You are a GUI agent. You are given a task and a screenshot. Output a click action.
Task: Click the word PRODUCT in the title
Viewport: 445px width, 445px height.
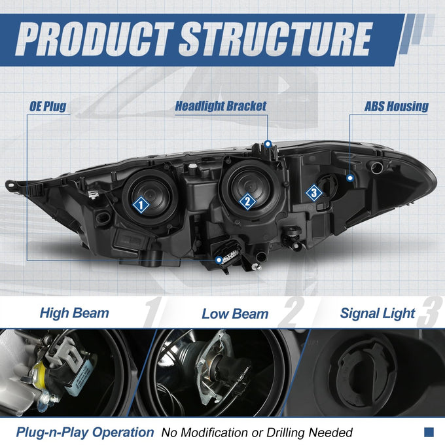coord(94,39)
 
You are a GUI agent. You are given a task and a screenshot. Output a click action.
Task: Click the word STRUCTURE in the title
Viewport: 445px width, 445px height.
coord(276,39)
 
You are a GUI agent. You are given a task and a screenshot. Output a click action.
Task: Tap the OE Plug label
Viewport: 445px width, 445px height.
coord(48,107)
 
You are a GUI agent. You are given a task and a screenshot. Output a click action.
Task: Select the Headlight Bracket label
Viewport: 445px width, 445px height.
coord(221,106)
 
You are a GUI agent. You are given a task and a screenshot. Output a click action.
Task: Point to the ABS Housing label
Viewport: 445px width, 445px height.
coord(396,107)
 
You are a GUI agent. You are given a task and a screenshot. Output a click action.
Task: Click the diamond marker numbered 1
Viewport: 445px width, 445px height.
coord(141,205)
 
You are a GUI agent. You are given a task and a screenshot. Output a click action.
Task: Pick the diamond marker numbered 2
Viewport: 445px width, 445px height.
coord(247,202)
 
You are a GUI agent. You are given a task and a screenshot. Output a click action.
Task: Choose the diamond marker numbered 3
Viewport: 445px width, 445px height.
coord(314,193)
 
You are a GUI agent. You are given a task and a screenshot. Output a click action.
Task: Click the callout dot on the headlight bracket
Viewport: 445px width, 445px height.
coord(268,144)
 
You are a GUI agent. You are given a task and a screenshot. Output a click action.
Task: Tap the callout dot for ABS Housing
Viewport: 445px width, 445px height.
coord(350,178)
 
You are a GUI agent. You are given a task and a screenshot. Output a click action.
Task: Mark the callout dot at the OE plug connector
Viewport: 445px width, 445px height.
coord(219,260)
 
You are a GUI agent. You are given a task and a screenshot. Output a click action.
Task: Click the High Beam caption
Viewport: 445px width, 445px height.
coord(75,313)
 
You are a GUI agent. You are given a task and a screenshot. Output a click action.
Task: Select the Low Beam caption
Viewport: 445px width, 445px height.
coord(235,314)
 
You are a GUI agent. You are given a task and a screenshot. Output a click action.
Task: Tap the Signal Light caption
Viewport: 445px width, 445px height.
coord(378,313)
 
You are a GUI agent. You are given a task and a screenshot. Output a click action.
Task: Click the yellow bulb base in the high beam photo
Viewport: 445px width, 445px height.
coord(40,372)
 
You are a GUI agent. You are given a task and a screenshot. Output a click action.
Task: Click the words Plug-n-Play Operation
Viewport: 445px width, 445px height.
coord(85,432)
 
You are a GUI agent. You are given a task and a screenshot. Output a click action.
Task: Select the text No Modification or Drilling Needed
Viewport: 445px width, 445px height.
coord(257,433)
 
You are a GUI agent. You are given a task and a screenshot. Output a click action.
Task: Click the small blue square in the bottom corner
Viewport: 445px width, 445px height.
coord(429,432)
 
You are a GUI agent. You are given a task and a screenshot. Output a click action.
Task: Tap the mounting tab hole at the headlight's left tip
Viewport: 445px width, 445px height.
coord(11,185)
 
